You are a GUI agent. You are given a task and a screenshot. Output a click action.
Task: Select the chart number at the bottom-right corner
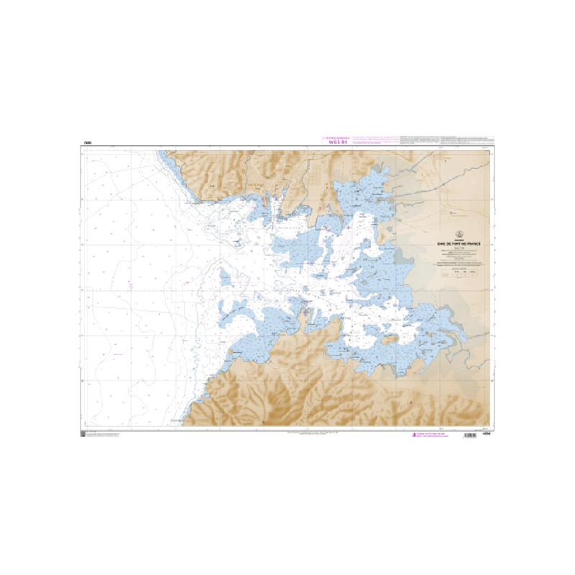pyautogui.click(x=486, y=432)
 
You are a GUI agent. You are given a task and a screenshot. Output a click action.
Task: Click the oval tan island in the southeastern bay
pyautogui.click(x=392, y=337)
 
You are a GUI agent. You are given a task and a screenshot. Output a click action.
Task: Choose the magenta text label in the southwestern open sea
pyautogui.click(x=115, y=354)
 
